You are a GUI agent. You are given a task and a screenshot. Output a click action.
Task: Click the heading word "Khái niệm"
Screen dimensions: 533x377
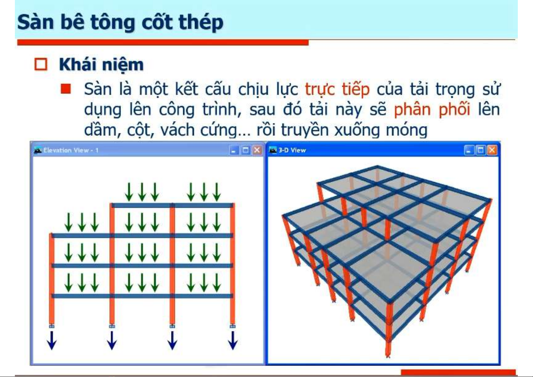[x=101, y=65]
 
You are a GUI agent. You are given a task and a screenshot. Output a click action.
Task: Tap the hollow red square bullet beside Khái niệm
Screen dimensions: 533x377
[x=41, y=64]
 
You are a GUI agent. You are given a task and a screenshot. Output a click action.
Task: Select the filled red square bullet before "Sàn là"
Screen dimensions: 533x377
[x=66, y=89]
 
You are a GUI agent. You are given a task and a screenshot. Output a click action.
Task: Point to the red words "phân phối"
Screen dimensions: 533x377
[x=432, y=110]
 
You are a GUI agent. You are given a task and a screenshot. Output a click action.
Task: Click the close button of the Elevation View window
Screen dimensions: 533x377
[x=257, y=150]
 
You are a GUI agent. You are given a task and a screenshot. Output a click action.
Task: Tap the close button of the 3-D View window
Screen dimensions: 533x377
[x=492, y=150]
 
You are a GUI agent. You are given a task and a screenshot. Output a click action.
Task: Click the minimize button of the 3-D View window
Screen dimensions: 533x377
[x=469, y=150]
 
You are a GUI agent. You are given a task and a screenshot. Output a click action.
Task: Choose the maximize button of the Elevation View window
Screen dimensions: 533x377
[x=245, y=150]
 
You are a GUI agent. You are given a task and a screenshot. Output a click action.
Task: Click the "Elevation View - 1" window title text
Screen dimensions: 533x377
[x=71, y=150]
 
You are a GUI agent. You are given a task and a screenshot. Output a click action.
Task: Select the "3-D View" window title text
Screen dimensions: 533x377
[x=292, y=150]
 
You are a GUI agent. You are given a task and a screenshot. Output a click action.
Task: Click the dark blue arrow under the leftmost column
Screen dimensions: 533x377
[x=52, y=341]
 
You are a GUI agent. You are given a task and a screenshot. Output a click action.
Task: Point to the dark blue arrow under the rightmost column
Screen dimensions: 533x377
[x=233, y=341]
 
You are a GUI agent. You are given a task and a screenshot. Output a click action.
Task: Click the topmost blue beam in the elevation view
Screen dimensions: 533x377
[x=172, y=205]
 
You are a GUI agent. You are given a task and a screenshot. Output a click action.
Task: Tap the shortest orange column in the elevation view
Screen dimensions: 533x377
[x=52, y=279]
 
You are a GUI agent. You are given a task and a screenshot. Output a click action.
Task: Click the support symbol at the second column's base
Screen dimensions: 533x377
[x=112, y=326]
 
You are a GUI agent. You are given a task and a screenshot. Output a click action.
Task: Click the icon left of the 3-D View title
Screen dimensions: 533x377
[x=273, y=150]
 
